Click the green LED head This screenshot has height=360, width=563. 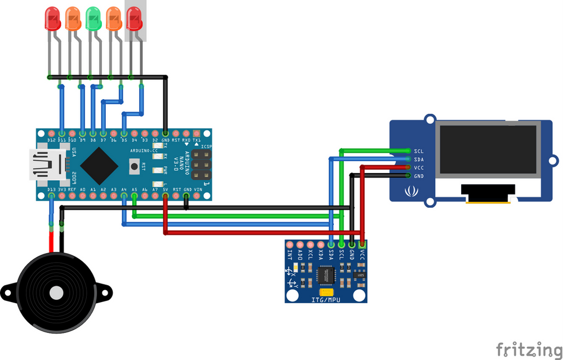click(x=93, y=18)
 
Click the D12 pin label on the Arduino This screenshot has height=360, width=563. click(x=51, y=140)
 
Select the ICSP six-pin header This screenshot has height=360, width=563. click(x=200, y=165)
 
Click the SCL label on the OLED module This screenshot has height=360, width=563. click(x=418, y=151)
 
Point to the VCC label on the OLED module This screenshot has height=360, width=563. click(x=418, y=168)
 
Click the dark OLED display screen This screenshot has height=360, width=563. click(x=488, y=149)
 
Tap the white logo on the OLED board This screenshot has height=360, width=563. click(x=409, y=192)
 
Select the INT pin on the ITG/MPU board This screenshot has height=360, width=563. click(x=289, y=245)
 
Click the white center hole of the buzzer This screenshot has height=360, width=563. click(x=56, y=292)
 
